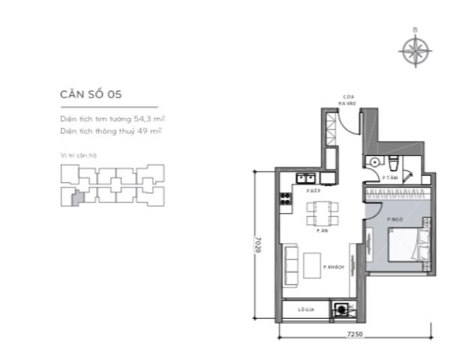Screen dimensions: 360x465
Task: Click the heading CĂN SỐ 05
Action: (91, 94)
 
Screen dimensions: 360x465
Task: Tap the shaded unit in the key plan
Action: (73, 198)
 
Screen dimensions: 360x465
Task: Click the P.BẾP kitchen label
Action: (313, 191)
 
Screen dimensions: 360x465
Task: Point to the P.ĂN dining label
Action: (322, 231)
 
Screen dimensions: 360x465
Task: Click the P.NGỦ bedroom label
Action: (395, 219)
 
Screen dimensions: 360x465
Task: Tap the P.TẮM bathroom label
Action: (388, 178)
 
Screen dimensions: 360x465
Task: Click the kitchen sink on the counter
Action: (306, 178)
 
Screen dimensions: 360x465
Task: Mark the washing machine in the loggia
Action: (343, 307)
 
